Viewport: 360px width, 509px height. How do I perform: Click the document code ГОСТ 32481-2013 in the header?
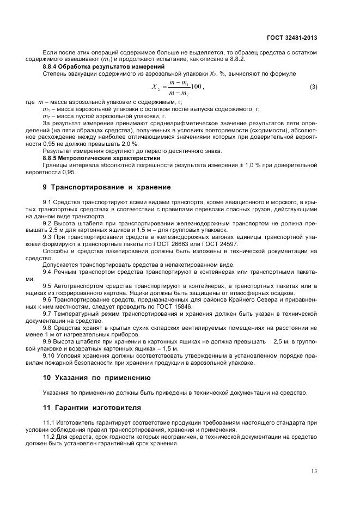click(x=291, y=38)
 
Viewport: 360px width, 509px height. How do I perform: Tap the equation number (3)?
click(x=313, y=87)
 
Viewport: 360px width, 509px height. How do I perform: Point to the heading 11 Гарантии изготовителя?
click(x=91, y=407)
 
